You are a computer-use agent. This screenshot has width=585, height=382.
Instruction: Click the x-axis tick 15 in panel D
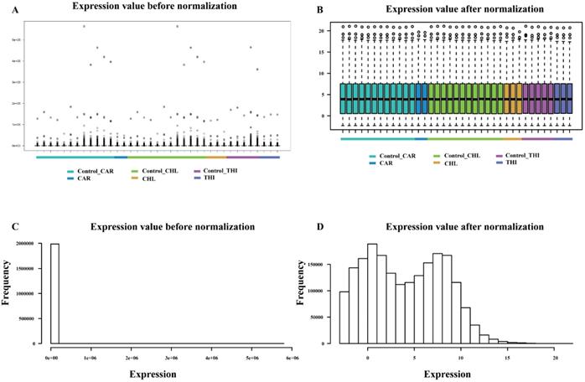tap(507, 355)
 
